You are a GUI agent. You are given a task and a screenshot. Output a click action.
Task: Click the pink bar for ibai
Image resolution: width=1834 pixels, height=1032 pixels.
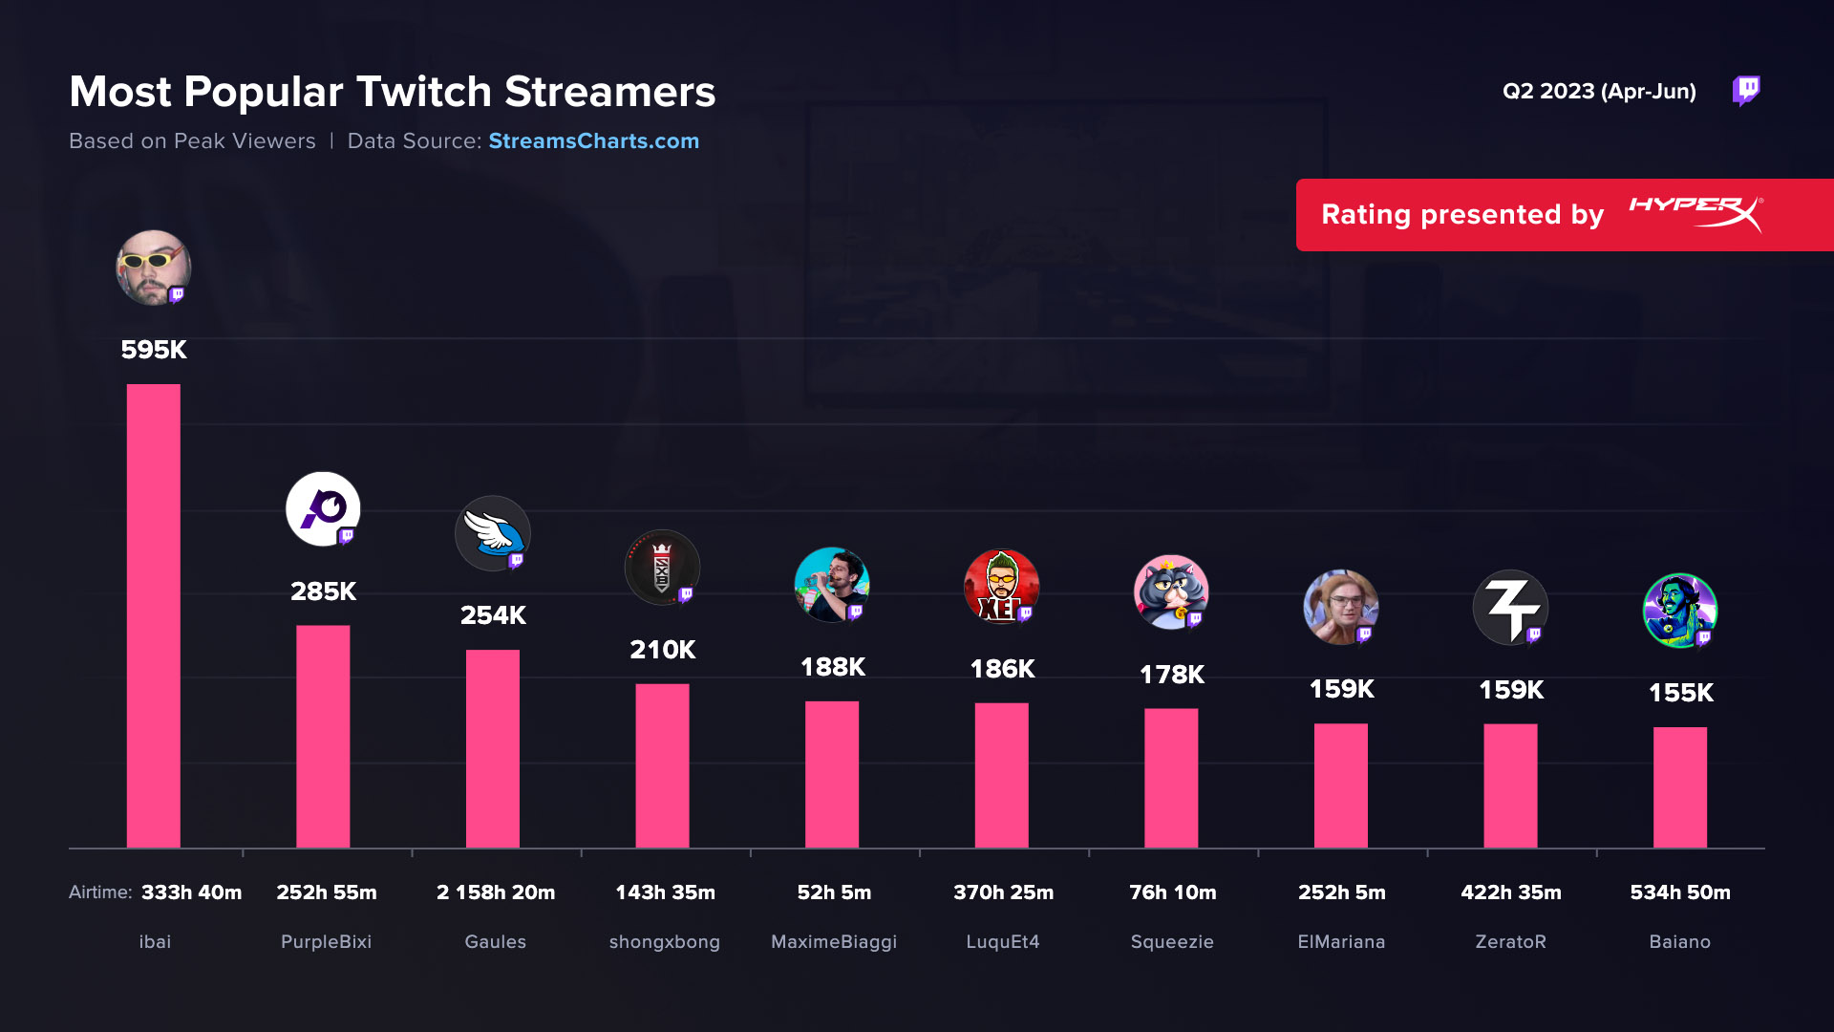(x=153, y=615)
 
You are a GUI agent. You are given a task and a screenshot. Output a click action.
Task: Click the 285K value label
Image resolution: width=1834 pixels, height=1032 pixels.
(x=323, y=591)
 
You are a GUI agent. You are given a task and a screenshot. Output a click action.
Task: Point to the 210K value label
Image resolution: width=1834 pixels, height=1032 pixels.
(x=662, y=650)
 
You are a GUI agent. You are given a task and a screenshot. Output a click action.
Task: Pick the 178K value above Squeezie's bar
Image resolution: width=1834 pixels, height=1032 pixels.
(x=1171, y=675)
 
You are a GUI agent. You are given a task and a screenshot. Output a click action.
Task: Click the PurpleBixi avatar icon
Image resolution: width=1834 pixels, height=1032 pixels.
(x=323, y=508)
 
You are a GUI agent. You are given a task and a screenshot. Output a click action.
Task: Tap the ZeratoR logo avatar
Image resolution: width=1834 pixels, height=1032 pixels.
(x=1509, y=607)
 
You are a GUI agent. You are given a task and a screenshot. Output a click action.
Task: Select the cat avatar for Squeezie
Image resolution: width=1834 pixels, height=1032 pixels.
(x=1170, y=591)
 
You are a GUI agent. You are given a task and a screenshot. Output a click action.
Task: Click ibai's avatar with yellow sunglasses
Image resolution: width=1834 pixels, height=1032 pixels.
(x=153, y=268)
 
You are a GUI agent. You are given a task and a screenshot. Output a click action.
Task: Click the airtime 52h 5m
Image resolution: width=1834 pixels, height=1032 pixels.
(x=834, y=892)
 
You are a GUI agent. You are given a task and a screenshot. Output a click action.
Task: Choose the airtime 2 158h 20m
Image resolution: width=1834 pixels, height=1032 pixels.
(x=495, y=892)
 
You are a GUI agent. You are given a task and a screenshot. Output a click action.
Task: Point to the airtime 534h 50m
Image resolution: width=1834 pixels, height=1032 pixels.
(x=1679, y=892)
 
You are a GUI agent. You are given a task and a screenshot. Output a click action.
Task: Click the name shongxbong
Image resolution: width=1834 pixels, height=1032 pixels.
(x=664, y=942)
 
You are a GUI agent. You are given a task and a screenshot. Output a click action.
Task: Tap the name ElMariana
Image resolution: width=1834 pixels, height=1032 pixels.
(x=1340, y=942)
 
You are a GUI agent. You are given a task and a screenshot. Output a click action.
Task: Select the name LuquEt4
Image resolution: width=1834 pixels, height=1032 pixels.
(x=1002, y=942)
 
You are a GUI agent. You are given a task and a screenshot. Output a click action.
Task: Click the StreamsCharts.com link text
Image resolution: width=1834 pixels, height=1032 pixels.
(x=593, y=141)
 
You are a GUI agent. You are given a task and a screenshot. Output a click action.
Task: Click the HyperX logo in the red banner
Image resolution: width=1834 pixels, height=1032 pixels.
(x=1695, y=213)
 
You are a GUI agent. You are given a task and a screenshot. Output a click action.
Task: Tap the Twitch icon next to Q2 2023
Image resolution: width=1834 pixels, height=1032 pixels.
(x=1746, y=91)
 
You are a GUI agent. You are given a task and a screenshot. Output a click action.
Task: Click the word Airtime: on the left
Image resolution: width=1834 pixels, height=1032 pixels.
(x=100, y=892)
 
